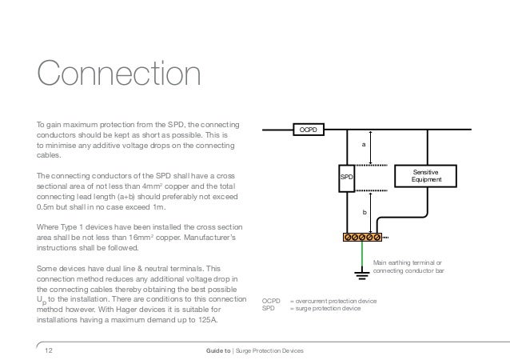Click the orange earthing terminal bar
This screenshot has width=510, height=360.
click(x=361, y=237)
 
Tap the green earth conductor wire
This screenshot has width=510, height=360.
click(x=361, y=256)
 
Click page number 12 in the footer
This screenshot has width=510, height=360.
click(x=48, y=351)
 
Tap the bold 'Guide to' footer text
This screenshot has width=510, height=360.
click(x=218, y=351)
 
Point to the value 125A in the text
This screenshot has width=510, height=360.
click(x=215, y=321)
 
